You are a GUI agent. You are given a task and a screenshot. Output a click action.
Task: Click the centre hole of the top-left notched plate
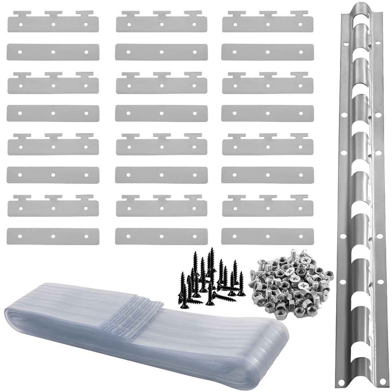[x=53, y=25]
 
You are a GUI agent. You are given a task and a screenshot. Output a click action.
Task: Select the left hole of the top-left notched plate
[x=20, y=25]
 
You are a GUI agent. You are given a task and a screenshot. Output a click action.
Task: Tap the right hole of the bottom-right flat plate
[x=301, y=236]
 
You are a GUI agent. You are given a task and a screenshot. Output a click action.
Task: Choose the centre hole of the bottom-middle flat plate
[x=161, y=236]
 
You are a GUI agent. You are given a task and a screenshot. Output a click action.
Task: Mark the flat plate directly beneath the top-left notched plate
[x=53, y=52]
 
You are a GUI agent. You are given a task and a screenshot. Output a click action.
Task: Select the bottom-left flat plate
[x=53, y=236]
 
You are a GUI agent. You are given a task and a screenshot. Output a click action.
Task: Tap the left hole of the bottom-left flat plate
[x=20, y=236]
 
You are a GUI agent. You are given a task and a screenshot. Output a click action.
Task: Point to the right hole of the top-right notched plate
[x=301, y=25]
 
